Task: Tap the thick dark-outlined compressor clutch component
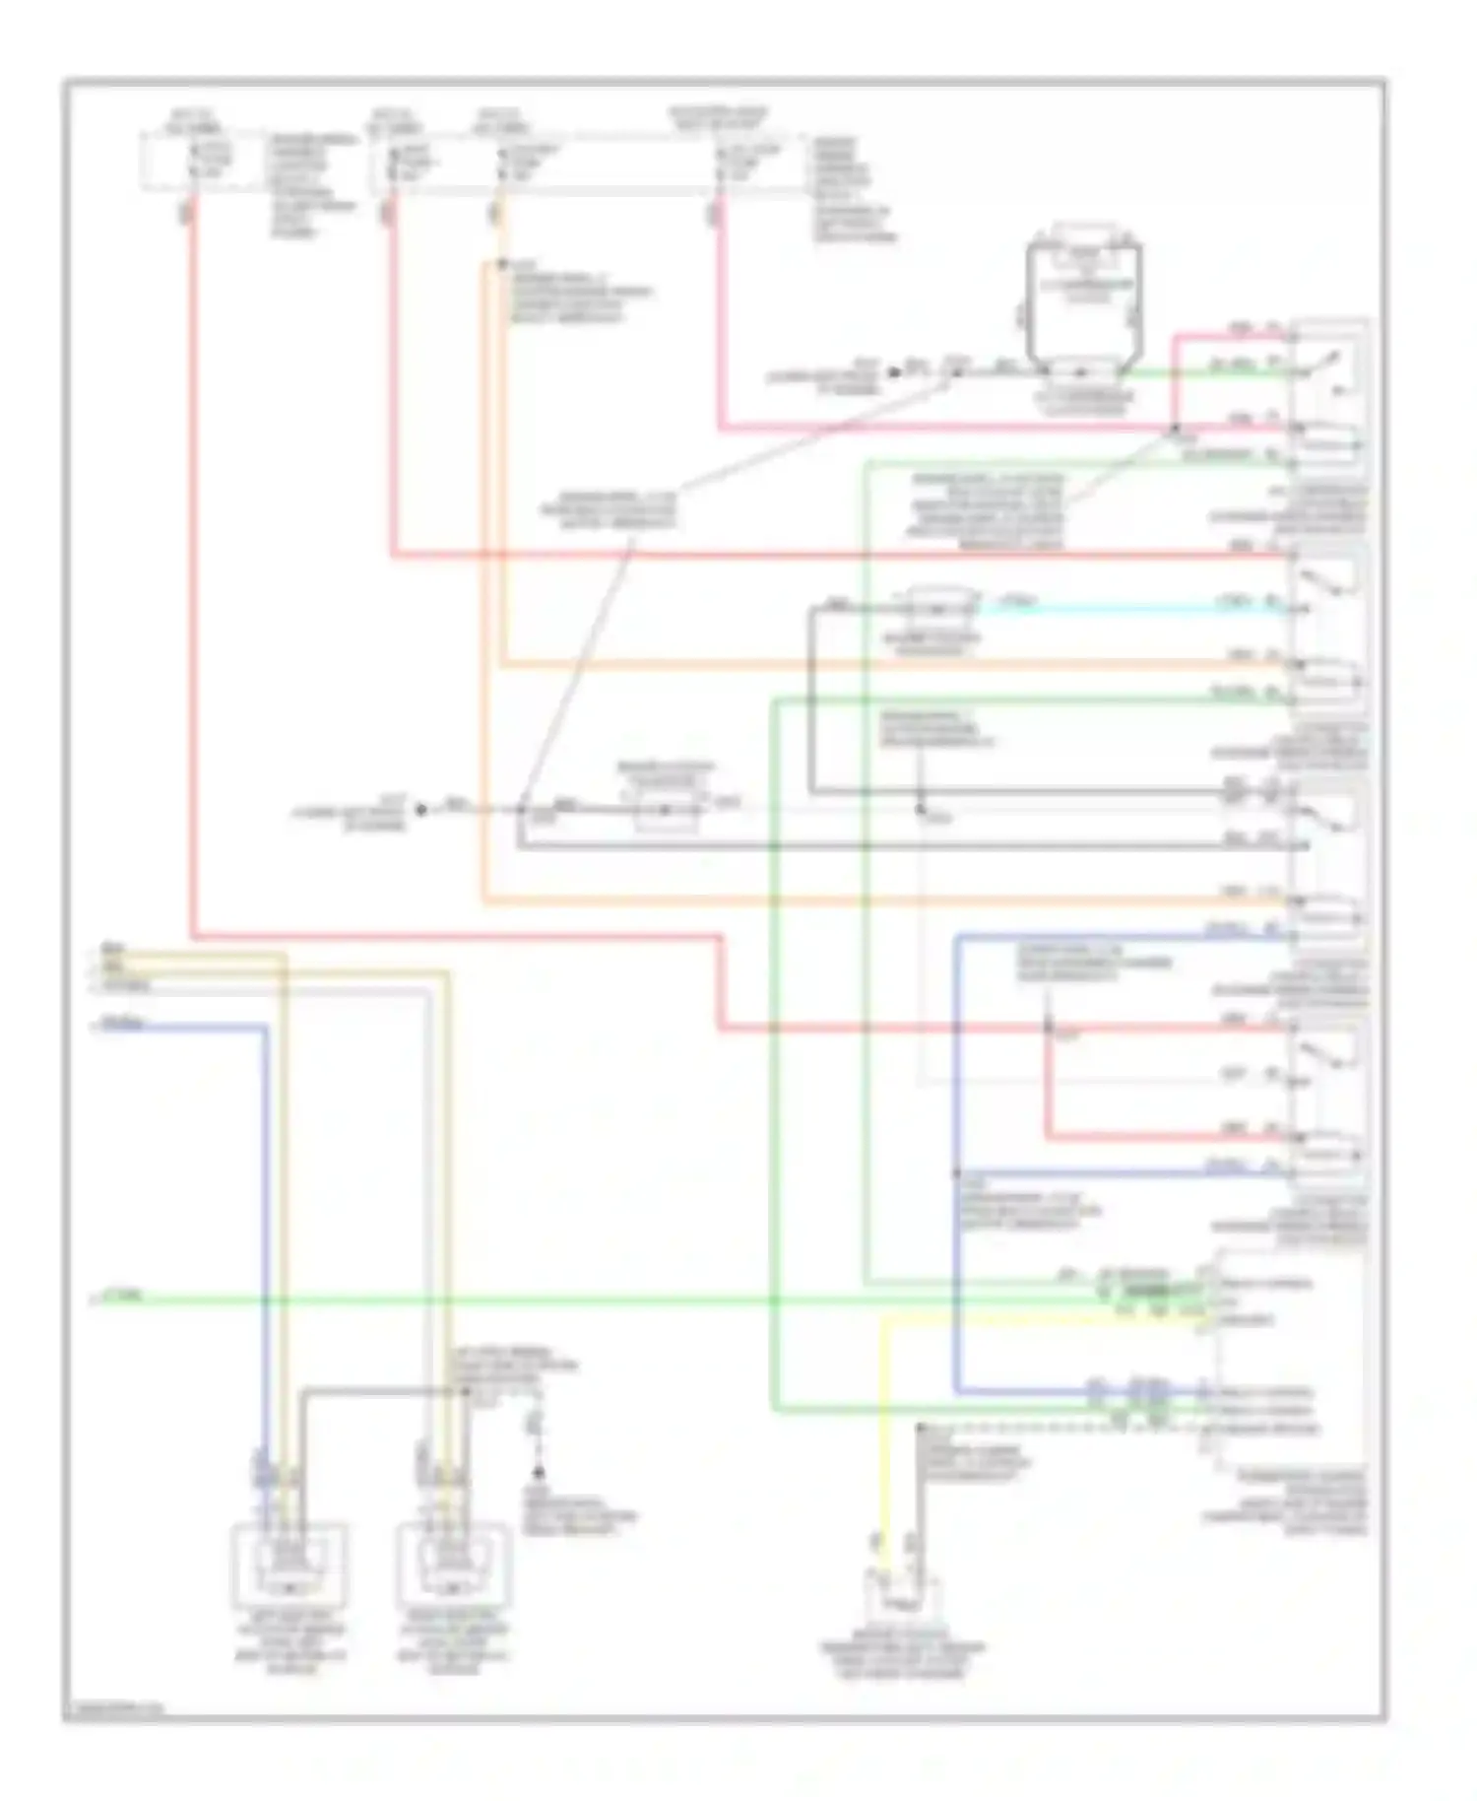1083,305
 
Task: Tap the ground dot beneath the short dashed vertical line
538,1474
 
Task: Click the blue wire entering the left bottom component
264,1232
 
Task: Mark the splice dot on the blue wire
955,1173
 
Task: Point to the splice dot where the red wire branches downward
1048,1029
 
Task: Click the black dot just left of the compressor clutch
894,372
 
